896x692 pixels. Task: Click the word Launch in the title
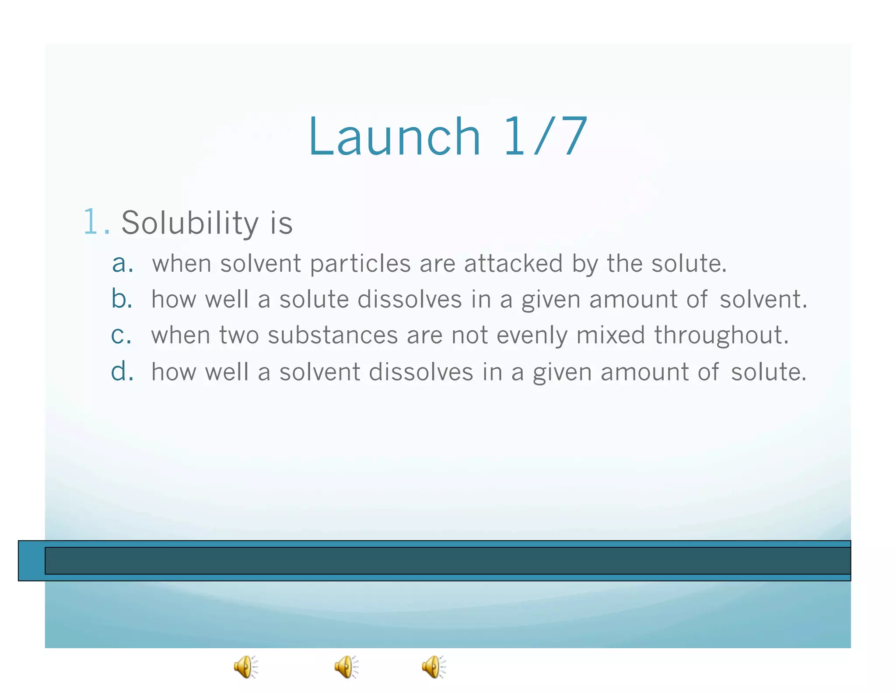point(394,136)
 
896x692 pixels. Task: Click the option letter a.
point(122,264)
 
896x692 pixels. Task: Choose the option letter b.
point(122,299)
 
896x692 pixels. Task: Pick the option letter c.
point(121,336)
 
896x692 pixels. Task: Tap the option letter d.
point(122,372)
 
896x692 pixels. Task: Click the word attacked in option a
point(513,264)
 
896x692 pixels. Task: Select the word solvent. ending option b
point(763,300)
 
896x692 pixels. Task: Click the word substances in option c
point(332,336)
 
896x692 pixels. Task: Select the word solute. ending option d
point(768,372)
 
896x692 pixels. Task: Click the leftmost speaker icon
point(245,667)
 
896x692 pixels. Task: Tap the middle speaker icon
point(346,667)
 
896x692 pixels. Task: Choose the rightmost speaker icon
point(434,667)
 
